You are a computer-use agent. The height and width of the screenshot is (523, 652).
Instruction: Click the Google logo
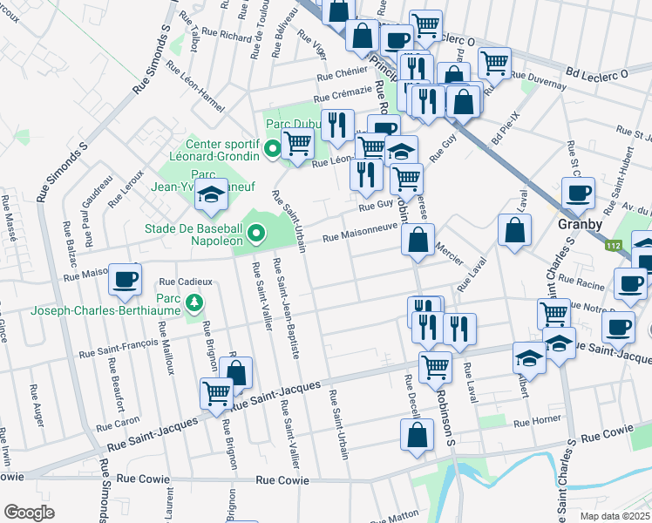29,512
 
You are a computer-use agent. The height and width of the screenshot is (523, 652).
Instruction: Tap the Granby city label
581,224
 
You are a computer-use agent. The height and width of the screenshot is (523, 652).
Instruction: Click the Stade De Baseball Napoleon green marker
255,233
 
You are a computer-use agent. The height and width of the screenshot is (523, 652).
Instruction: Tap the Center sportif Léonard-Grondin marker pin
273,150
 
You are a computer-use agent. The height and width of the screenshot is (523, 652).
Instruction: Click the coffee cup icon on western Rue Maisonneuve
126,279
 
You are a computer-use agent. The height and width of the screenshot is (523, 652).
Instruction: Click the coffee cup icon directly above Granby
578,193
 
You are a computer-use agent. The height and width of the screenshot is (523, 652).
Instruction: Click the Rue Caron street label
118,424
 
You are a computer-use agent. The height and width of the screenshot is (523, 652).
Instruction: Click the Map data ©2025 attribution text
614,516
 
